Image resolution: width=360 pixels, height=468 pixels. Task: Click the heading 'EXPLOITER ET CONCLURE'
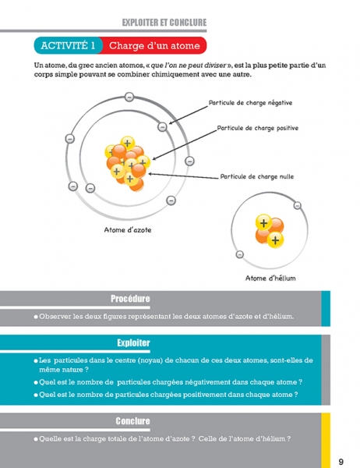164,23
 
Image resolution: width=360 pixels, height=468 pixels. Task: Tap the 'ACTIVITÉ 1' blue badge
68,45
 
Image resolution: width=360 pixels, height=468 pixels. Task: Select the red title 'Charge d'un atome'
154,45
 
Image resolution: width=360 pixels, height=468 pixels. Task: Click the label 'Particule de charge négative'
250,103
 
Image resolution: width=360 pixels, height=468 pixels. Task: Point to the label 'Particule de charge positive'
258,128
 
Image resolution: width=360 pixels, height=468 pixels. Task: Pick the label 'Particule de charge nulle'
257,176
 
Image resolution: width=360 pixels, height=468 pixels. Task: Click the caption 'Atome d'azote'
128,230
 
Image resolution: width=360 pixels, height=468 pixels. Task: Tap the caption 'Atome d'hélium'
270,278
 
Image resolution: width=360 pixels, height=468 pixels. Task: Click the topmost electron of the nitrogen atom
129,97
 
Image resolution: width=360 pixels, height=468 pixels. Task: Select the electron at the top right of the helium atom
298,205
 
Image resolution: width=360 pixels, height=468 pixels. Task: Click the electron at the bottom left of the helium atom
240,254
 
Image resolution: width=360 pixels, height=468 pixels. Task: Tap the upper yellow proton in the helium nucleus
263,222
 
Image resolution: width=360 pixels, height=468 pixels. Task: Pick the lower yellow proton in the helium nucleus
275,239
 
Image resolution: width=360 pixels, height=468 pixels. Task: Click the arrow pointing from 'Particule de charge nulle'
183,176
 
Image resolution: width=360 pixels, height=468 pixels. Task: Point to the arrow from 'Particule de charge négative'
189,115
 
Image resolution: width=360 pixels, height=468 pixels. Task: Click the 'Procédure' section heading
130,299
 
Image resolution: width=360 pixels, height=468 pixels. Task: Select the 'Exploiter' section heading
133,342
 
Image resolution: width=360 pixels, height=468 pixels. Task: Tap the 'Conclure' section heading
132,421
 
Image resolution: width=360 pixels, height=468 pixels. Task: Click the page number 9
341,462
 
